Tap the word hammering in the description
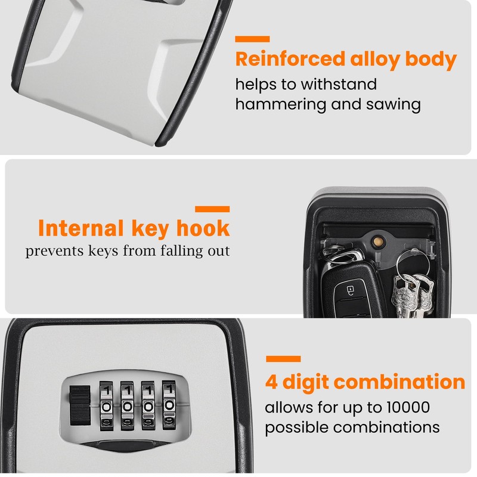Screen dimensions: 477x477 [279, 105]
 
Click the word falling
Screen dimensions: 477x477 [160, 250]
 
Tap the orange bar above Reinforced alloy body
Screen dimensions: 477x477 [252, 39]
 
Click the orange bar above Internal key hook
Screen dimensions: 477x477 [212, 209]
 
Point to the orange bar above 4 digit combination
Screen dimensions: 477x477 [283, 359]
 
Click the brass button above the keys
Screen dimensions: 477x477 [377, 241]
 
